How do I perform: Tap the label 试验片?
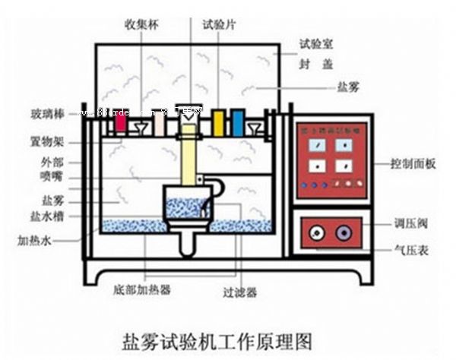[218, 24]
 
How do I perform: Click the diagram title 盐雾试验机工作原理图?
[217, 335]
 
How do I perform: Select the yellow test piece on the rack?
[219, 122]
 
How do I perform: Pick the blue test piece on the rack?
[238, 122]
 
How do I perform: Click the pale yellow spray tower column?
[187, 159]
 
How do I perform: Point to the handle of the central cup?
[218, 190]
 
